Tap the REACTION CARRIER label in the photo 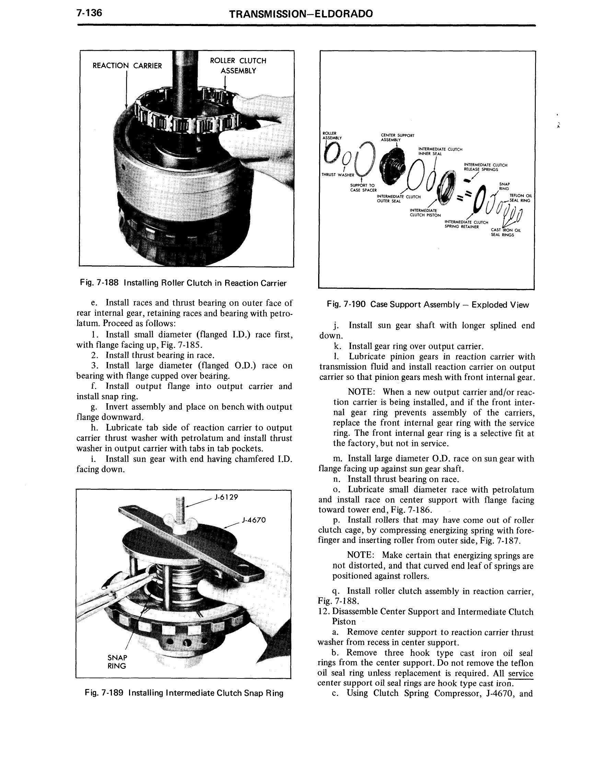pyautogui.click(x=127, y=65)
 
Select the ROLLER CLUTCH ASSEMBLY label pyautogui.click(x=238, y=65)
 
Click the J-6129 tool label pyautogui.click(x=226, y=497)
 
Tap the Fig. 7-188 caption pyautogui.click(x=183, y=283)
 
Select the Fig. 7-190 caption pyautogui.click(x=428, y=305)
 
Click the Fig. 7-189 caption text pyautogui.click(x=184, y=693)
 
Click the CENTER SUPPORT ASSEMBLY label pyautogui.click(x=397, y=137)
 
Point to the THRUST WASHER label pyautogui.click(x=338, y=175)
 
